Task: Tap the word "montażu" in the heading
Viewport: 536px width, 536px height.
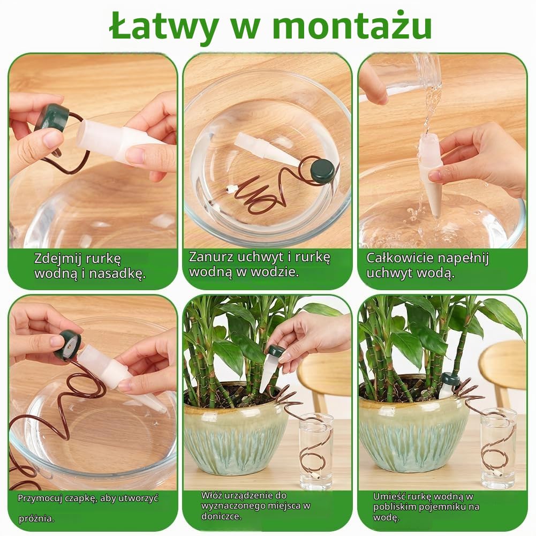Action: click(x=352, y=26)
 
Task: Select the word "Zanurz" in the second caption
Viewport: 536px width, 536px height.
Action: click(x=212, y=256)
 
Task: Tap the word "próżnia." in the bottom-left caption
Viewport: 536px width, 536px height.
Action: click(x=36, y=518)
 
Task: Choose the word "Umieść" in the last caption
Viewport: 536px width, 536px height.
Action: click(x=388, y=496)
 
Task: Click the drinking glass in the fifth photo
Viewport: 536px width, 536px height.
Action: click(x=316, y=451)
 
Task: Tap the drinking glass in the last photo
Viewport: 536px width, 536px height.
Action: click(x=498, y=448)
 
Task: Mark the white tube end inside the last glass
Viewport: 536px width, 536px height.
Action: click(x=498, y=474)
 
